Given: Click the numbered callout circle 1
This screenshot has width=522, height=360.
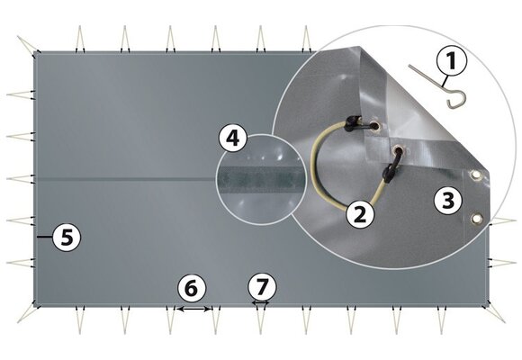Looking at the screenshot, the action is tap(452, 60).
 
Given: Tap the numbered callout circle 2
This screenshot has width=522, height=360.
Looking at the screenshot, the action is tap(360, 214).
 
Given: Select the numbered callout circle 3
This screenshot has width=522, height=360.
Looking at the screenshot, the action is tap(448, 200).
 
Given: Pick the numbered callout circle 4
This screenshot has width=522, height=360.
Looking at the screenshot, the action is tap(233, 138).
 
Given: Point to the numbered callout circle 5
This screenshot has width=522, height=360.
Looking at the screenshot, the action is tap(67, 237).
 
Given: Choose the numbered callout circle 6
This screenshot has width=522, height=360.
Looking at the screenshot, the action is tap(192, 288).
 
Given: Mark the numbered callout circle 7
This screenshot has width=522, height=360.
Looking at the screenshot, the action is tap(262, 287).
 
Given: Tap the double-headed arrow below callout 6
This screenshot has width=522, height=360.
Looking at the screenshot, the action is tap(193, 309).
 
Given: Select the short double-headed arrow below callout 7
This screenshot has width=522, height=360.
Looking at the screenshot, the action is tap(260, 302).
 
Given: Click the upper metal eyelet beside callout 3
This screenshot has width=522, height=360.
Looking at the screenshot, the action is tap(476, 174).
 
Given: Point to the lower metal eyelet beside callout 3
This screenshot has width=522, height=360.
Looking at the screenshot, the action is tap(477, 219).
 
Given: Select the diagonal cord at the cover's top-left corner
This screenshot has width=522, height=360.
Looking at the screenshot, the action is tap(27, 44).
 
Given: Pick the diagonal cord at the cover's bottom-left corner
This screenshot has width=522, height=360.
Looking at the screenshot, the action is tap(27, 314).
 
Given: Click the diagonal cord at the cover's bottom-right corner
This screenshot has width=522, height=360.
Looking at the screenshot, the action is tap(496, 314).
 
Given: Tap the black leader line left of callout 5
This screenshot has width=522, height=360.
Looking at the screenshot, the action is tap(45, 237).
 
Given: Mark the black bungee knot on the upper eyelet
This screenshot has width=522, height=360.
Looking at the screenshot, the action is tap(354, 122).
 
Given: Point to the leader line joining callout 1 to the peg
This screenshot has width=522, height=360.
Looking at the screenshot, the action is tap(445, 81).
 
